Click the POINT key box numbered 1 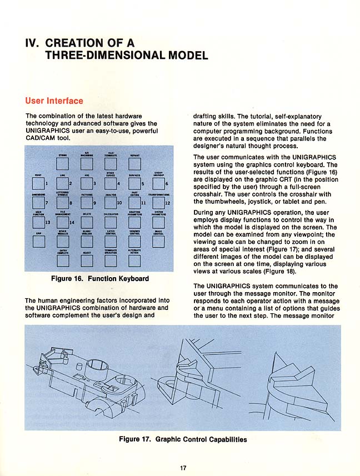[37, 183]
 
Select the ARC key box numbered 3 [87, 183]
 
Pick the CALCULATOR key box [111, 223]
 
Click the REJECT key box [87, 260]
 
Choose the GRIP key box [37, 241]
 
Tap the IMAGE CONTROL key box [158, 241]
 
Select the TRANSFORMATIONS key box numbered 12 [158, 203]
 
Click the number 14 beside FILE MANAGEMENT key [72, 223]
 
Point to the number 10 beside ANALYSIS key [119, 203]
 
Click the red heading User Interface [54, 101]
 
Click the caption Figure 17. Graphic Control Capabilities [183, 439]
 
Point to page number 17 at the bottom [183, 467]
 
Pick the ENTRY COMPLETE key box [62, 260]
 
